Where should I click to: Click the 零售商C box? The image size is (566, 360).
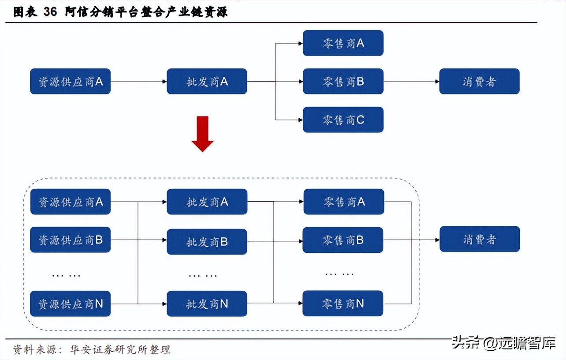point(343,120)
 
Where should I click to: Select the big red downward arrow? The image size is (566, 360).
point(202,134)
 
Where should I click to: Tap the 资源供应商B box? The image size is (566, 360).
point(70,240)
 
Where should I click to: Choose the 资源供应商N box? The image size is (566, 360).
point(70,304)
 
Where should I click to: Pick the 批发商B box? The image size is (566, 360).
point(207,242)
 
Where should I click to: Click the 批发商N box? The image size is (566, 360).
point(207,304)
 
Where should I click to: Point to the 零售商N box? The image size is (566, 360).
point(343,304)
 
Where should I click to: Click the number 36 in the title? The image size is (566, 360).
point(50,12)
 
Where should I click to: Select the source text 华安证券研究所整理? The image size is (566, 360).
point(120,350)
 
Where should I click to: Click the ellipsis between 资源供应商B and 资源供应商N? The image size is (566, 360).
point(67,275)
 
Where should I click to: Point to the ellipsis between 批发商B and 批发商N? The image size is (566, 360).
point(203,275)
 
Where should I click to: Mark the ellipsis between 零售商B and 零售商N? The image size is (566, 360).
point(339,274)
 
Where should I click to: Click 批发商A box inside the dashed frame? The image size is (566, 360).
point(207,202)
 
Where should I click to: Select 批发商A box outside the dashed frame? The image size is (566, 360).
point(207,81)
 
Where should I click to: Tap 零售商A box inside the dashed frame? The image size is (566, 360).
point(343,202)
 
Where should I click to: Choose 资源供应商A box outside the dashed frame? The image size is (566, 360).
point(70,81)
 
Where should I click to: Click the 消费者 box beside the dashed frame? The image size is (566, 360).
point(480,239)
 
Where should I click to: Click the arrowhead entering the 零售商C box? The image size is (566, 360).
point(300,120)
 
